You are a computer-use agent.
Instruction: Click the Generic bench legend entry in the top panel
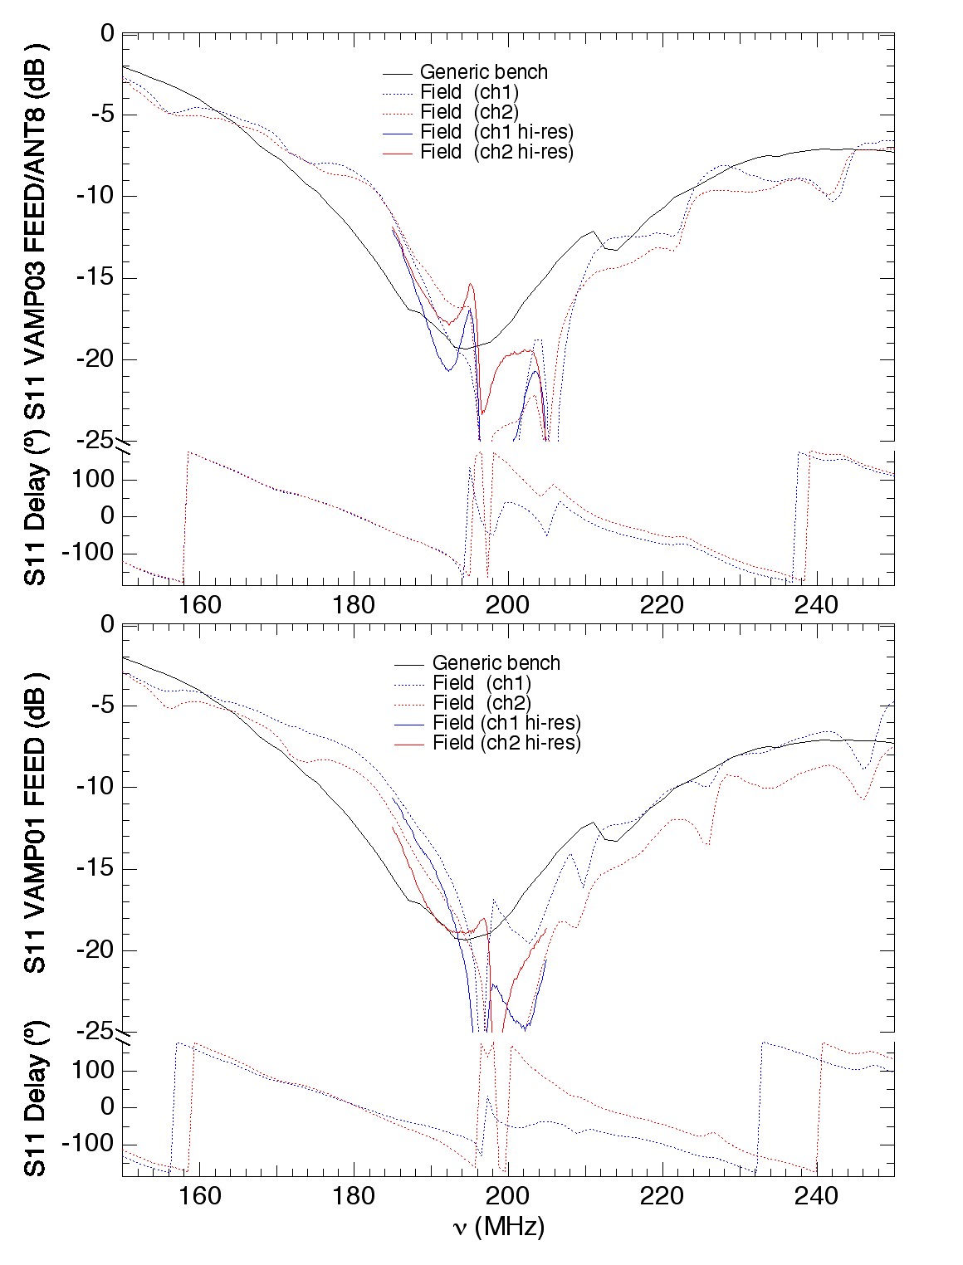[483, 72]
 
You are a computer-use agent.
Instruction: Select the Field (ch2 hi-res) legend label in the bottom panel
[506, 743]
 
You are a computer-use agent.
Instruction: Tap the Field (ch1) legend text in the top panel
[469, 92]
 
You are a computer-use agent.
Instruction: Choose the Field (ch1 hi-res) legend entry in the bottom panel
[506, 723]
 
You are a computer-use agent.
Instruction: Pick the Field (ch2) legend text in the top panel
[469, 112]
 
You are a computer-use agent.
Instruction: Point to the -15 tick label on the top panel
[94, 278]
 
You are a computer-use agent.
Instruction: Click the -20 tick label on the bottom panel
[94, 950]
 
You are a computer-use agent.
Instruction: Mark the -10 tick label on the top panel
[94, 197]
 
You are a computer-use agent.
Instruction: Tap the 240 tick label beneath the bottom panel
[817, 1196]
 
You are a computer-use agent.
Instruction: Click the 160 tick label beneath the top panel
[200, 605]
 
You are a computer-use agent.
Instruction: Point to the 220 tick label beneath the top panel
[662, 605]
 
